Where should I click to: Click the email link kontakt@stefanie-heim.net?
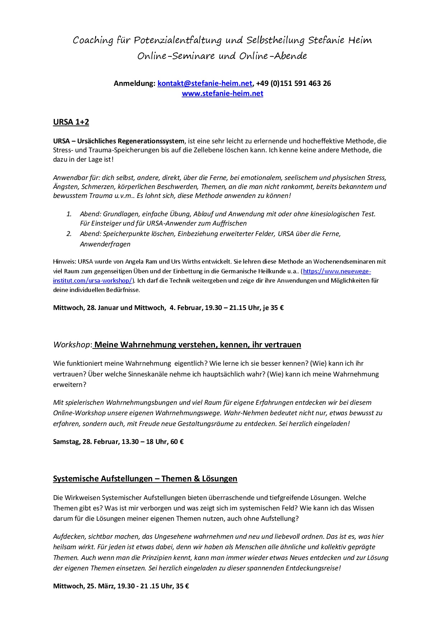pyautogui.click(x=205, y=83)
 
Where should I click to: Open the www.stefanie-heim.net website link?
pyautogui.click(x=222, y=93)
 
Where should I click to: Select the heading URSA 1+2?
pyautogui.click(x=71, y=122)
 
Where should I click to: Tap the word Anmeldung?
pyautogui.click(x=134, y=83)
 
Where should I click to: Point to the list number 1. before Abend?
pyautogui.click(x=69, y=214)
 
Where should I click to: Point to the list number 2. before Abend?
pyautogui.click(x=69, y=234)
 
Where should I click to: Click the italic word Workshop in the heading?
pyautogui.click(x=71, y=345)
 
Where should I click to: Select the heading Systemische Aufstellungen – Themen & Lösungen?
pyautogui.click(x=145, y=479)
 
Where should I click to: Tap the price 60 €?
pyautogui.click(x=177, y=442)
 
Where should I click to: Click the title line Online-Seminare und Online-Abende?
pyautogui.click(x=222, y=56)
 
